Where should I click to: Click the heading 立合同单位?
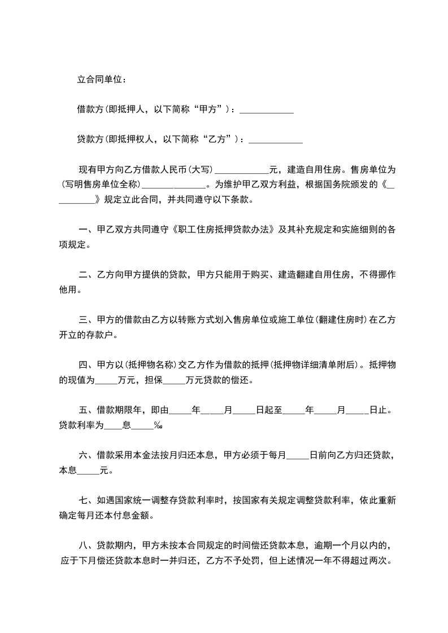coord(101,78)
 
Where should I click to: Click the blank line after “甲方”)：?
coord(267,110)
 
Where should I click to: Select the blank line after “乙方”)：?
coord(276,140)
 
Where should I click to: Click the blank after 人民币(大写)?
coord(242,170)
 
